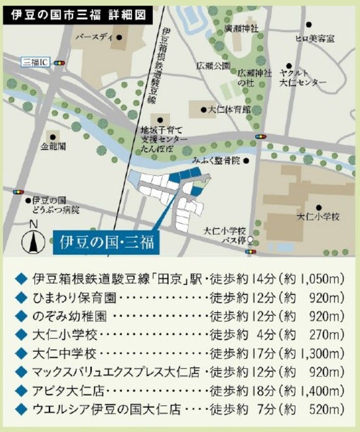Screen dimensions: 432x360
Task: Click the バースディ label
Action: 95,37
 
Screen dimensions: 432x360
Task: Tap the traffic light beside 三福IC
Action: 60,63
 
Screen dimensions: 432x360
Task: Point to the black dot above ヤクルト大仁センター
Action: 289,66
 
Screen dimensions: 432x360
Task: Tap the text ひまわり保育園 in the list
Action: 74,298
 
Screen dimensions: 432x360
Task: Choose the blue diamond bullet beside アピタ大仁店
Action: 20,392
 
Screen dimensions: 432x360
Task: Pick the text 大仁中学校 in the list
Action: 64,354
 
